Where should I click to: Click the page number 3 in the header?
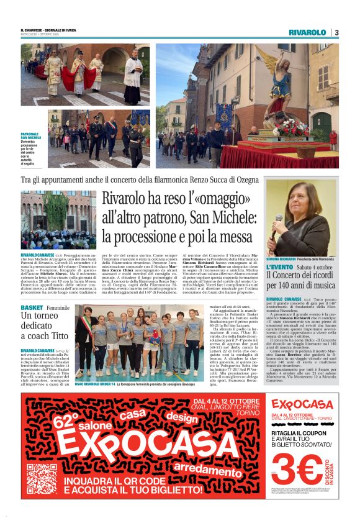coord(336,32)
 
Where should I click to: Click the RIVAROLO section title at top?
coord(307,32)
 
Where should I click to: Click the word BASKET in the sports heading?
coord(32,308)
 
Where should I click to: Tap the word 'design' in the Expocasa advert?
coord(181,417)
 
